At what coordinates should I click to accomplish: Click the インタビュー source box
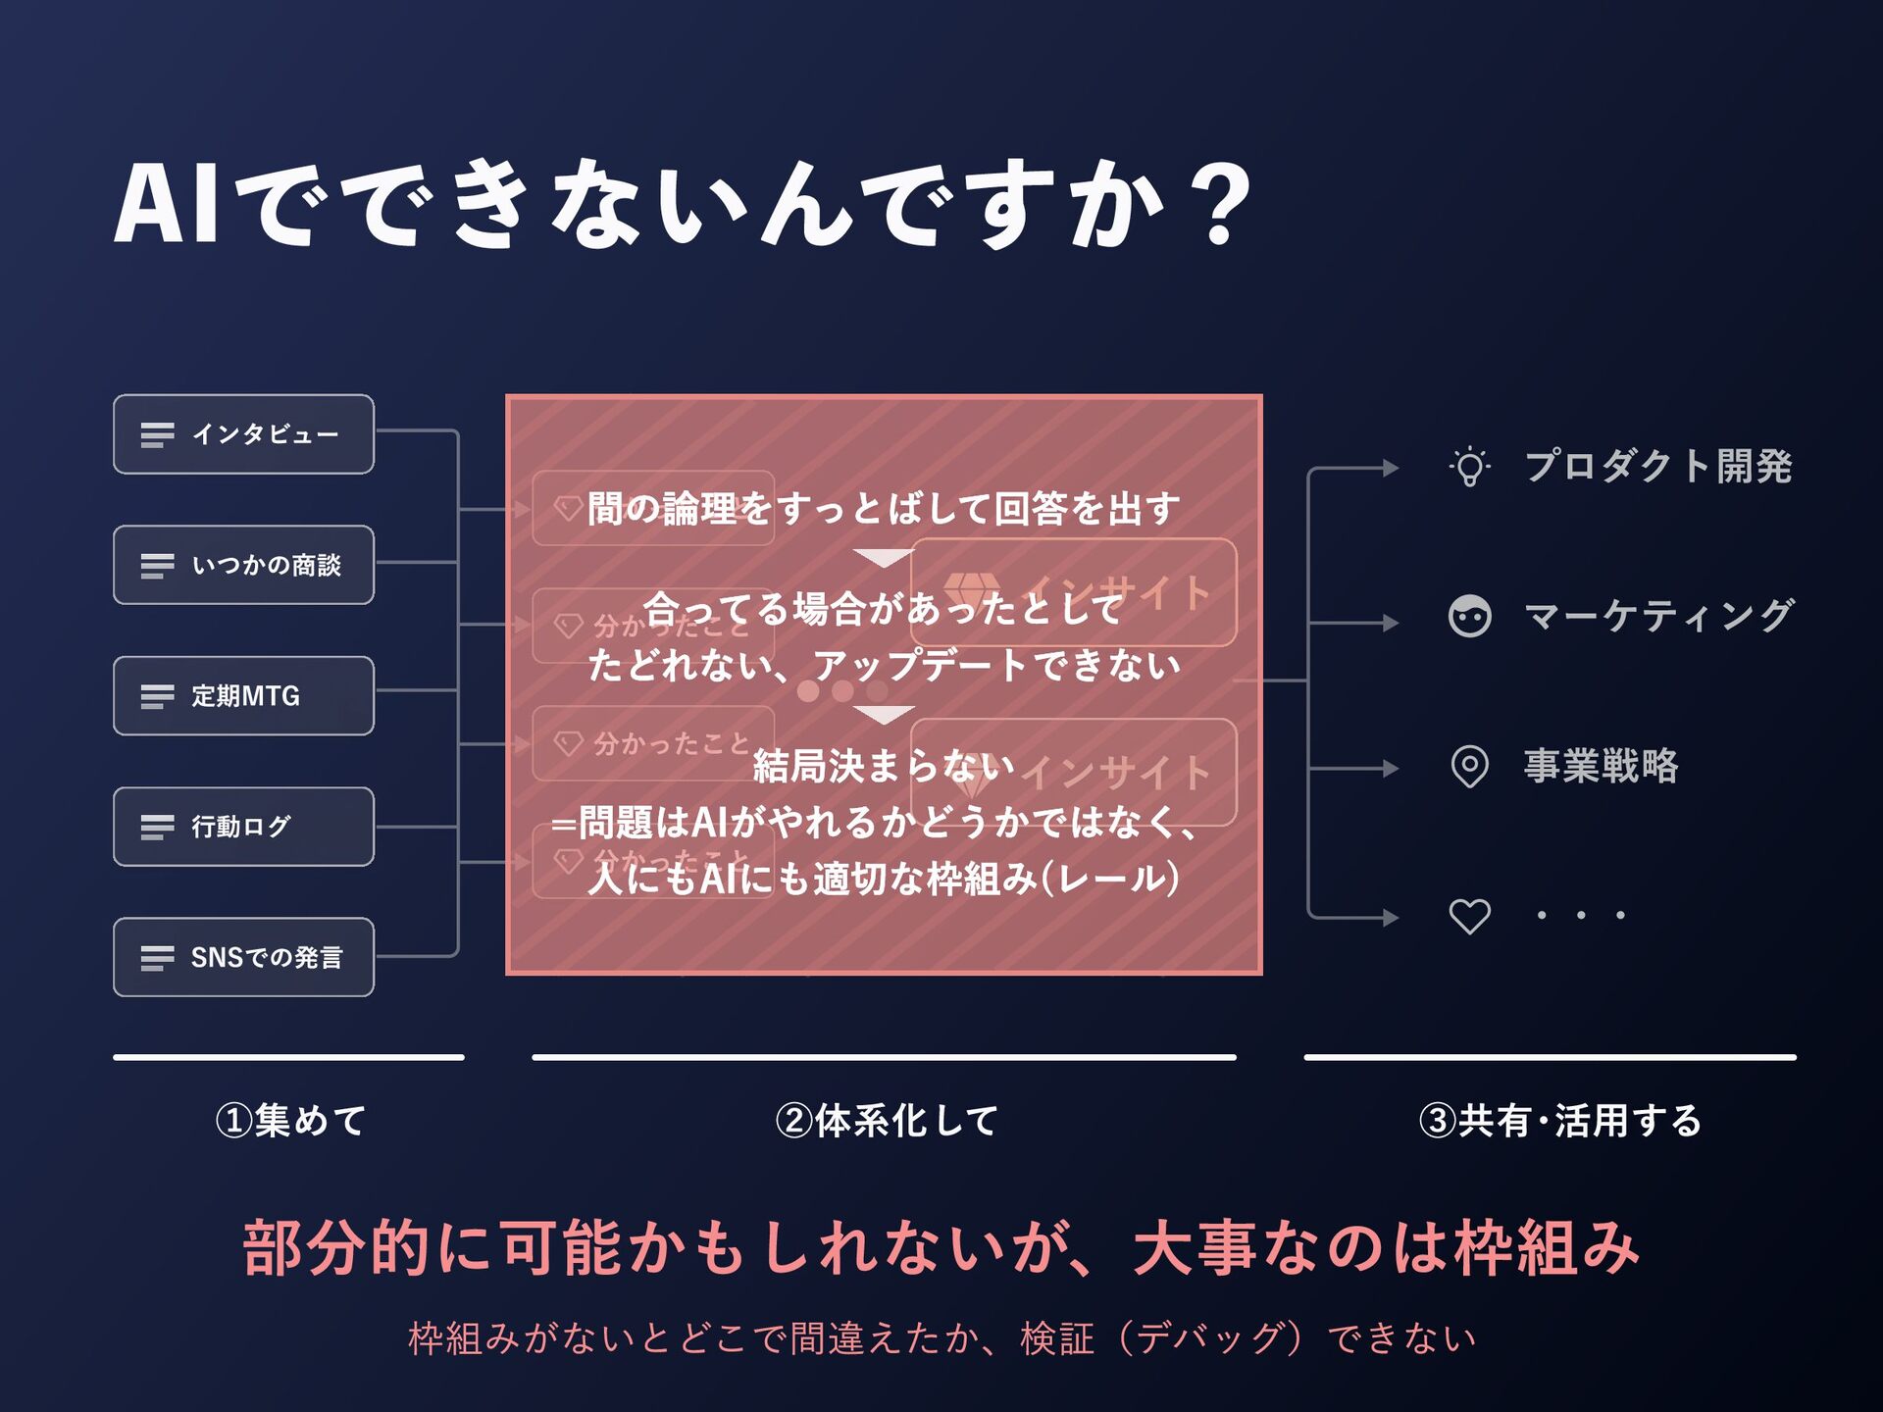(x=243, y=434)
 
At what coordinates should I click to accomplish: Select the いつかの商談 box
(x=243, y=565)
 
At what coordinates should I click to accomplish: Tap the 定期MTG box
(x=243, y=695)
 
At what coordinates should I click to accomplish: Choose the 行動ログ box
(x=243, y=827)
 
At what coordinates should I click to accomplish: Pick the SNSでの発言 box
(x=243, y=957)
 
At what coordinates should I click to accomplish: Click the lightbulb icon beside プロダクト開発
(x=1469, y=467)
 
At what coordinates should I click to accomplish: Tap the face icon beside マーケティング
(x=1469, y=617)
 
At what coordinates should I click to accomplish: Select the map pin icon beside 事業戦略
(x=1469, y=767)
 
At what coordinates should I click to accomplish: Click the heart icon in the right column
(x=1469, y=916)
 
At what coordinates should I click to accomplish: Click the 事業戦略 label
(x=1601, y=766)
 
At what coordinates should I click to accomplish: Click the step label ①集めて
(x=290, y=1120)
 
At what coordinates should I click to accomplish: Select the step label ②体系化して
(x=886, y=1120)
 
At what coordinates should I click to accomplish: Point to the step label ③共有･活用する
(x=1559, y=1120)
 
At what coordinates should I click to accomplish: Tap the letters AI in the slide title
(x=167, y=204)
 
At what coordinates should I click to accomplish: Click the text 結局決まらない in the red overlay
(x=883, y=766)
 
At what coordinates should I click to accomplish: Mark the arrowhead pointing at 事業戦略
(x=1391, y=769)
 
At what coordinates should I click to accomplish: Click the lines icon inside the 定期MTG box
(x=157, y=696)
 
